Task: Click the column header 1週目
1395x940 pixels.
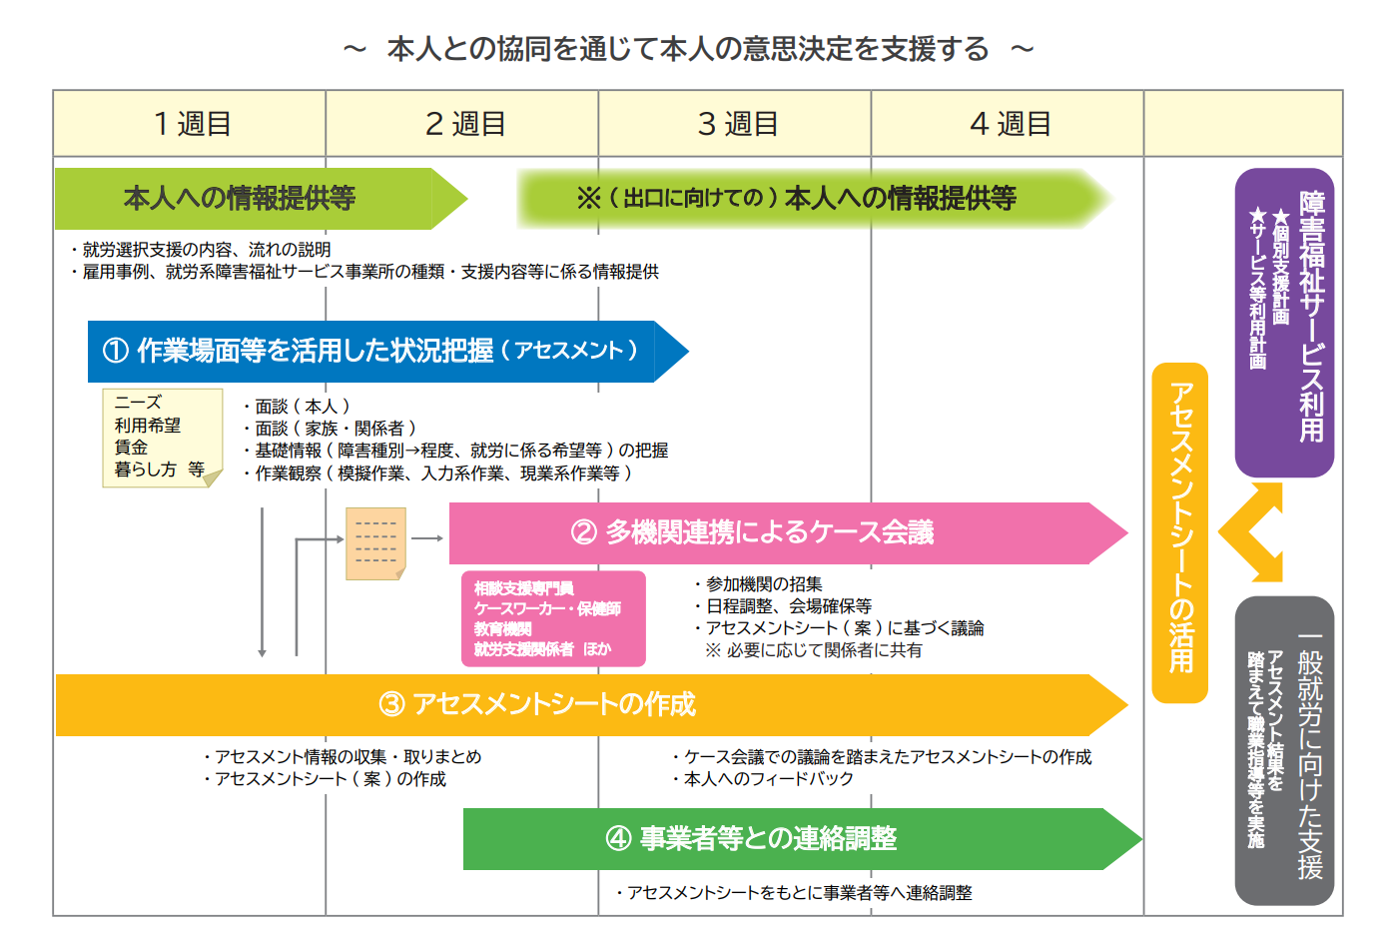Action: (190, 123)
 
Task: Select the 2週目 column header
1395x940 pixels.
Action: (462, 123)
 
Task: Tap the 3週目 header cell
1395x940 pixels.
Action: (735, 123)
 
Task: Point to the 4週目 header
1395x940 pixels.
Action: (1008, 123)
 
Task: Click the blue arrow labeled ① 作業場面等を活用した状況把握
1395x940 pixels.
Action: (387, 352)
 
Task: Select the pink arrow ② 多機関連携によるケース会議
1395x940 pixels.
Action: (788, 533)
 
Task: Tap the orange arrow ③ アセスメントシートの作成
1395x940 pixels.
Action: (591, 705)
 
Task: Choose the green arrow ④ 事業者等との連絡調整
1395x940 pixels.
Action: (802, 838)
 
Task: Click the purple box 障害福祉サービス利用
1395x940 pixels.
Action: (1284, 322)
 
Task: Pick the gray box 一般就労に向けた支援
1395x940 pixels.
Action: (1284, 750)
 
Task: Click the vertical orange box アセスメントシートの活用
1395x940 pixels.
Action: (1180, 532)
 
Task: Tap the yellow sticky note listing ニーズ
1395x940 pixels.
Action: (163, 438)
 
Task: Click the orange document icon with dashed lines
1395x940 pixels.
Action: (376, 543)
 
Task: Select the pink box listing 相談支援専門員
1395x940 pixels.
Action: (553, 618)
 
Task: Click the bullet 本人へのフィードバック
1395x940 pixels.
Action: (763, 778)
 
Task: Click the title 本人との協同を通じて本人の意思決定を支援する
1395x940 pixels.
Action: (688, 49)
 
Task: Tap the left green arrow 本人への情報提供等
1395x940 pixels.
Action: (262, 199)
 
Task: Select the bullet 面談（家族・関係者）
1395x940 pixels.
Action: (330, 429)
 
